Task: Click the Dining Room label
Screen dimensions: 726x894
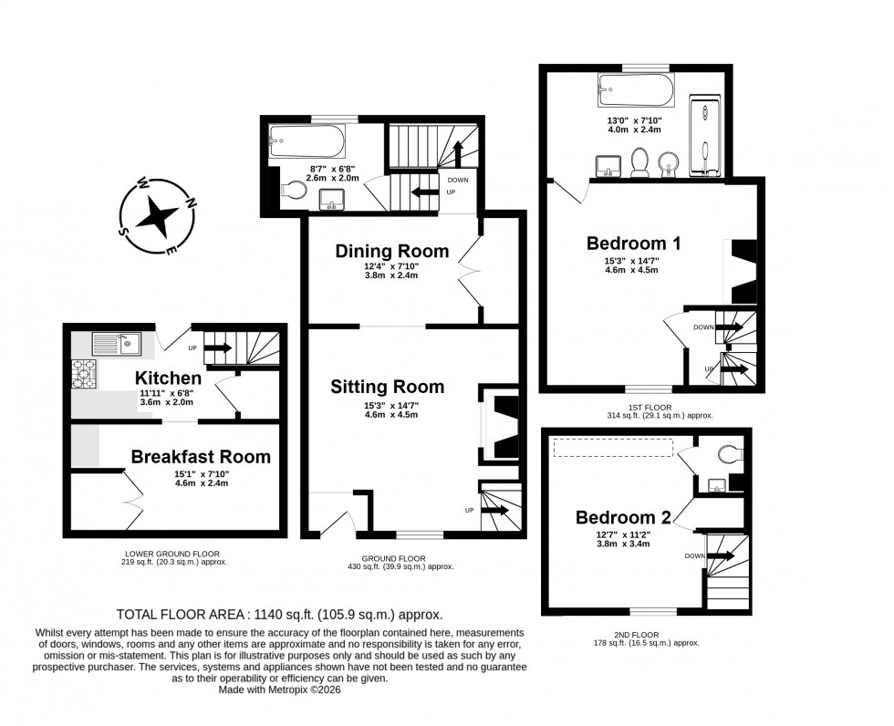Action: [x=391, y=251]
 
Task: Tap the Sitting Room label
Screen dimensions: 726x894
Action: [x=387, y=387]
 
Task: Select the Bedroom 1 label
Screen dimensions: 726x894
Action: [x=633, y=244]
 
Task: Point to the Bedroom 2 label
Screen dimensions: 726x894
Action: [x=623, y=517]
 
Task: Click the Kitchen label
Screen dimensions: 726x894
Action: [x=168, y=378]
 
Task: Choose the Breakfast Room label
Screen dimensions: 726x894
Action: [x=200, y=456]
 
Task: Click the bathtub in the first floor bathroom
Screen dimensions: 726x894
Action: [x=636, y=88]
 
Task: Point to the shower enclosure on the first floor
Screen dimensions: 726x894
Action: [x=704, y=137]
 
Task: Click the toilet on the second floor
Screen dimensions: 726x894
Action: [x=731, y=452]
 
